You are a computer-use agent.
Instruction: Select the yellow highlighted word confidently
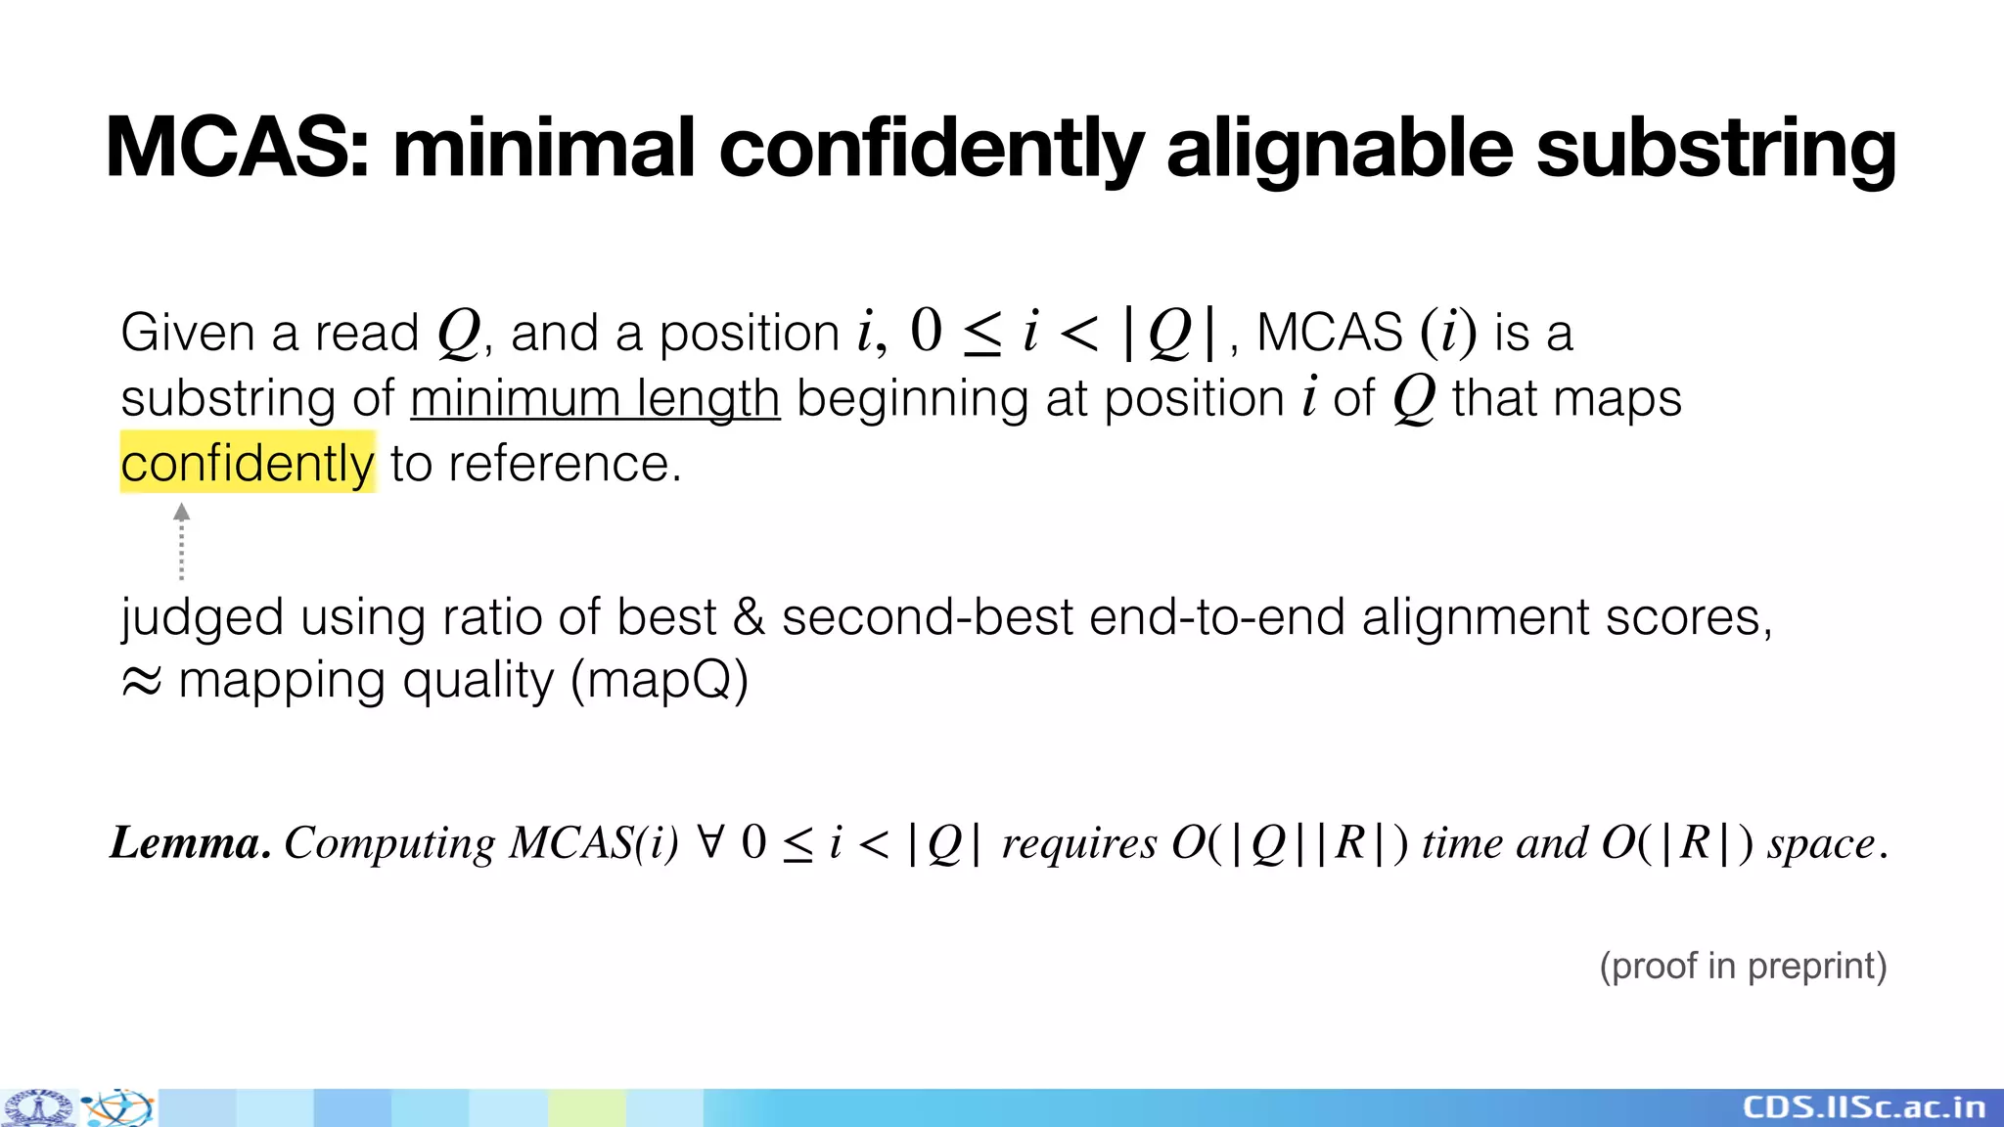click(x=248, y=464)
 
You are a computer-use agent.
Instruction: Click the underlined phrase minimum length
click(x=595, y=399)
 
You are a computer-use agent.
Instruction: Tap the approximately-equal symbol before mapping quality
click(x=141, y=682)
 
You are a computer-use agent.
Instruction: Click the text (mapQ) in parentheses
click(x=660, y=680)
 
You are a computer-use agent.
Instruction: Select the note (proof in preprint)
click(x=1743, y=967)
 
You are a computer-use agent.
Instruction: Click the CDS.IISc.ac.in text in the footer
click(x=1864, y=1107)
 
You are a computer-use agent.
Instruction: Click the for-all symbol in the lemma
click(x=711, y=841)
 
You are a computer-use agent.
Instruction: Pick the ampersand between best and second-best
click(x=749, y=618)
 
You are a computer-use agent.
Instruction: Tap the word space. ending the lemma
click(x=1827, y=843)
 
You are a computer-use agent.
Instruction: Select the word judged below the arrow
click(x=202, y=618)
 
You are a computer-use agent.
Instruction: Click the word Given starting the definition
click(x=187, y=333)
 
